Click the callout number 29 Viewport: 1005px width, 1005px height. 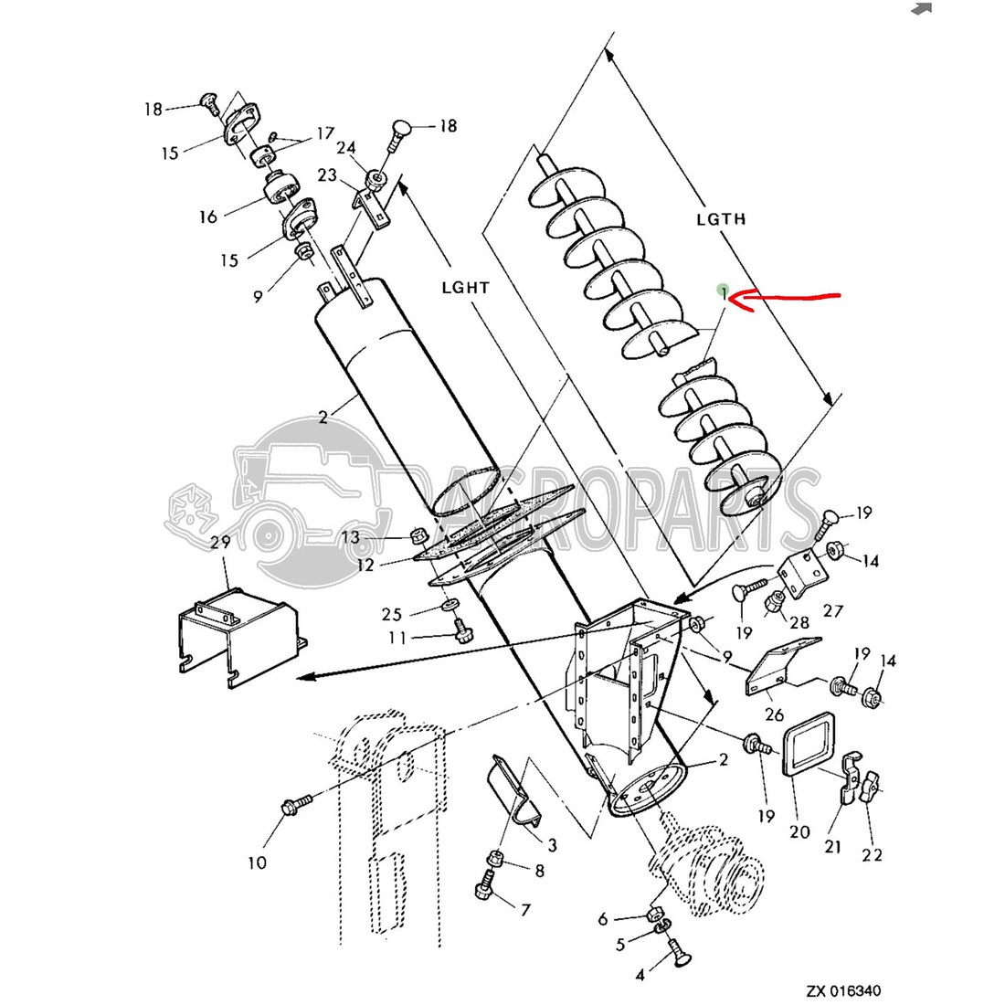click(x=220, y=542)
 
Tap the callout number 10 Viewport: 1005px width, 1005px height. click(x=257, y=862)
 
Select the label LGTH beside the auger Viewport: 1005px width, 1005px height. click(x=721, y=218)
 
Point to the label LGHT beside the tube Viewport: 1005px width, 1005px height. click(x=466, y=287)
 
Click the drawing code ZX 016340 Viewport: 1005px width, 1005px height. click(x=843, y=991)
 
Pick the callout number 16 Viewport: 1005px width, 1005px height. click(x=208, y=217)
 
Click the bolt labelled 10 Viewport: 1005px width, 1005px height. click(x=295, y=804)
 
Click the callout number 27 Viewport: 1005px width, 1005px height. click(x=832, y=611)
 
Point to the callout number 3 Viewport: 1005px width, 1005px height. click(x=551, y=845)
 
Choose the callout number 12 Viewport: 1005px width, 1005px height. click(x=365, y=566)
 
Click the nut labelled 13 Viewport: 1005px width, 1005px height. click(x=418, y=534)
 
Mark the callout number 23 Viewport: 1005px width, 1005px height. click(x=327, y=175)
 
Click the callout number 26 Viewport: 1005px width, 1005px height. click(x=774, y=714)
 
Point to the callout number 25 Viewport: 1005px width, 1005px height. click(x=392, y=614)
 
